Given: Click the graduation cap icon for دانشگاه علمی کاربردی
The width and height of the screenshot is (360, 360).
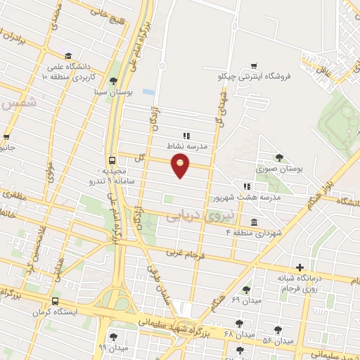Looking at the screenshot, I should pos(68,56).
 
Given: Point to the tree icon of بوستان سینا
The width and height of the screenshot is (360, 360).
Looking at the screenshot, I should pos(112,81).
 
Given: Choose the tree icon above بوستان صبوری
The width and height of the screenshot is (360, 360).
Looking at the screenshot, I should pos(279,157).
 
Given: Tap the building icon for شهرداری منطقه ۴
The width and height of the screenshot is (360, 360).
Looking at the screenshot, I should pos(254,223).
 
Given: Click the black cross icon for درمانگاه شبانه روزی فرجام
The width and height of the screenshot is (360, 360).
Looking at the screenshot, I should pos(300,267).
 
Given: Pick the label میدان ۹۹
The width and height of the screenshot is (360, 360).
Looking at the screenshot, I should pos(113,348).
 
